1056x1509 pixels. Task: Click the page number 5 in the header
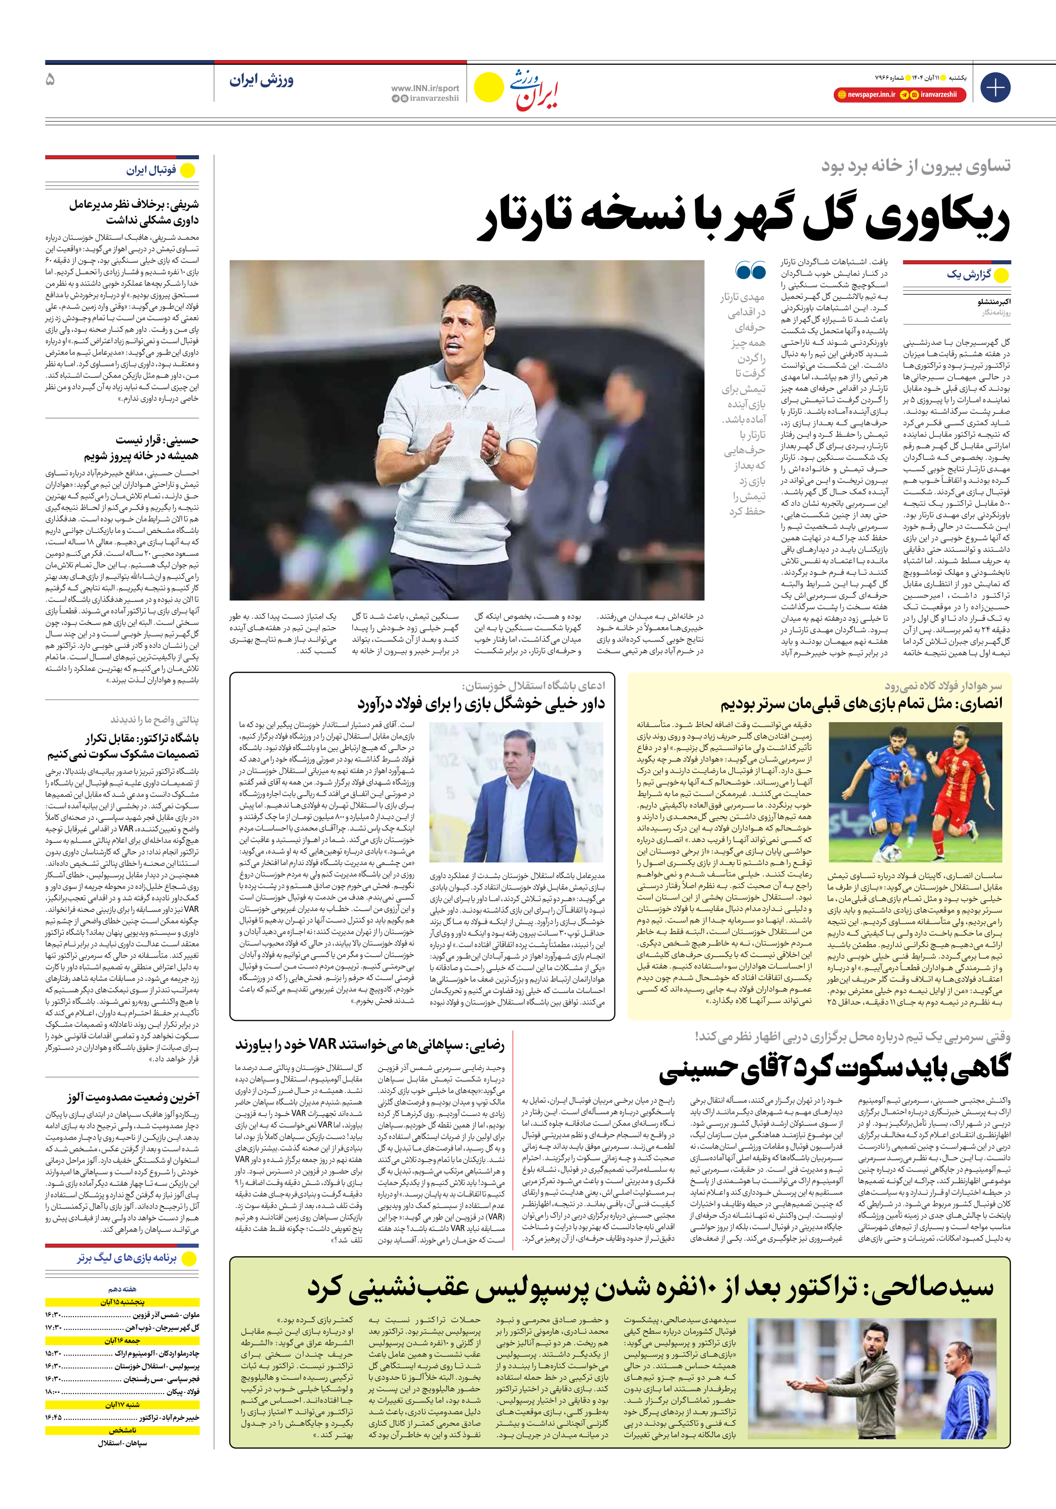(50, 79)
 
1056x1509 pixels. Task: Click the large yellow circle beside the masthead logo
(488, 88)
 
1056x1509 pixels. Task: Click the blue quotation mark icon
(751, 270)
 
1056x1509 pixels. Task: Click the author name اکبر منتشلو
(993, 302)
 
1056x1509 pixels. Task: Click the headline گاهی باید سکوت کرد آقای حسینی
(835, 1068)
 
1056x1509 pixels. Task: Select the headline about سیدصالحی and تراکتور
(650, 1288)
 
